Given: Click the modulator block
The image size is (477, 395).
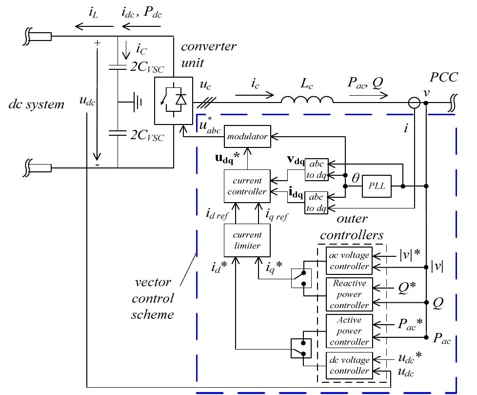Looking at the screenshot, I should [x=247, y=137].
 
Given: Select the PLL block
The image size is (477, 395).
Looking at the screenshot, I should [x=377, y=186].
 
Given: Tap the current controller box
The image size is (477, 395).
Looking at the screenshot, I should [x=247, y=186].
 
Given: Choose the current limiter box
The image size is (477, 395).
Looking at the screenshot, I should [x=247, y=240].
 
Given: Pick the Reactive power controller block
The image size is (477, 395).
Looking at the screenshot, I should [x=349, y=294].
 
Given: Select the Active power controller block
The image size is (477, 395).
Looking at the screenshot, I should [x=349, y=331].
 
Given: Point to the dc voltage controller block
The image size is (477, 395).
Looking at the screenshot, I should [x=349, y=366].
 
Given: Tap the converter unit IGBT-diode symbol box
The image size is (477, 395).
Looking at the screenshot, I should [x=173, y=101].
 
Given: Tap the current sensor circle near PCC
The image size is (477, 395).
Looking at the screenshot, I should [x=415, y=103].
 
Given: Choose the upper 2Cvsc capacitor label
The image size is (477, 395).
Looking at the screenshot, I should [x=147, y=68].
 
